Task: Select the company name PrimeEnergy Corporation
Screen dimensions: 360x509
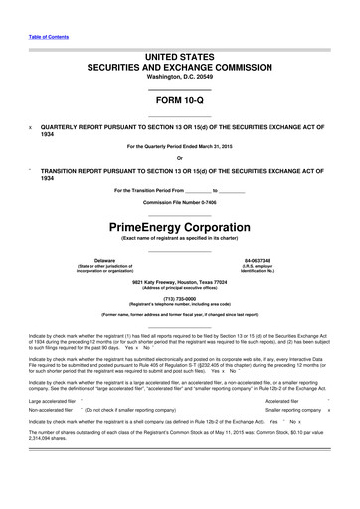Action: [179, 227]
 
